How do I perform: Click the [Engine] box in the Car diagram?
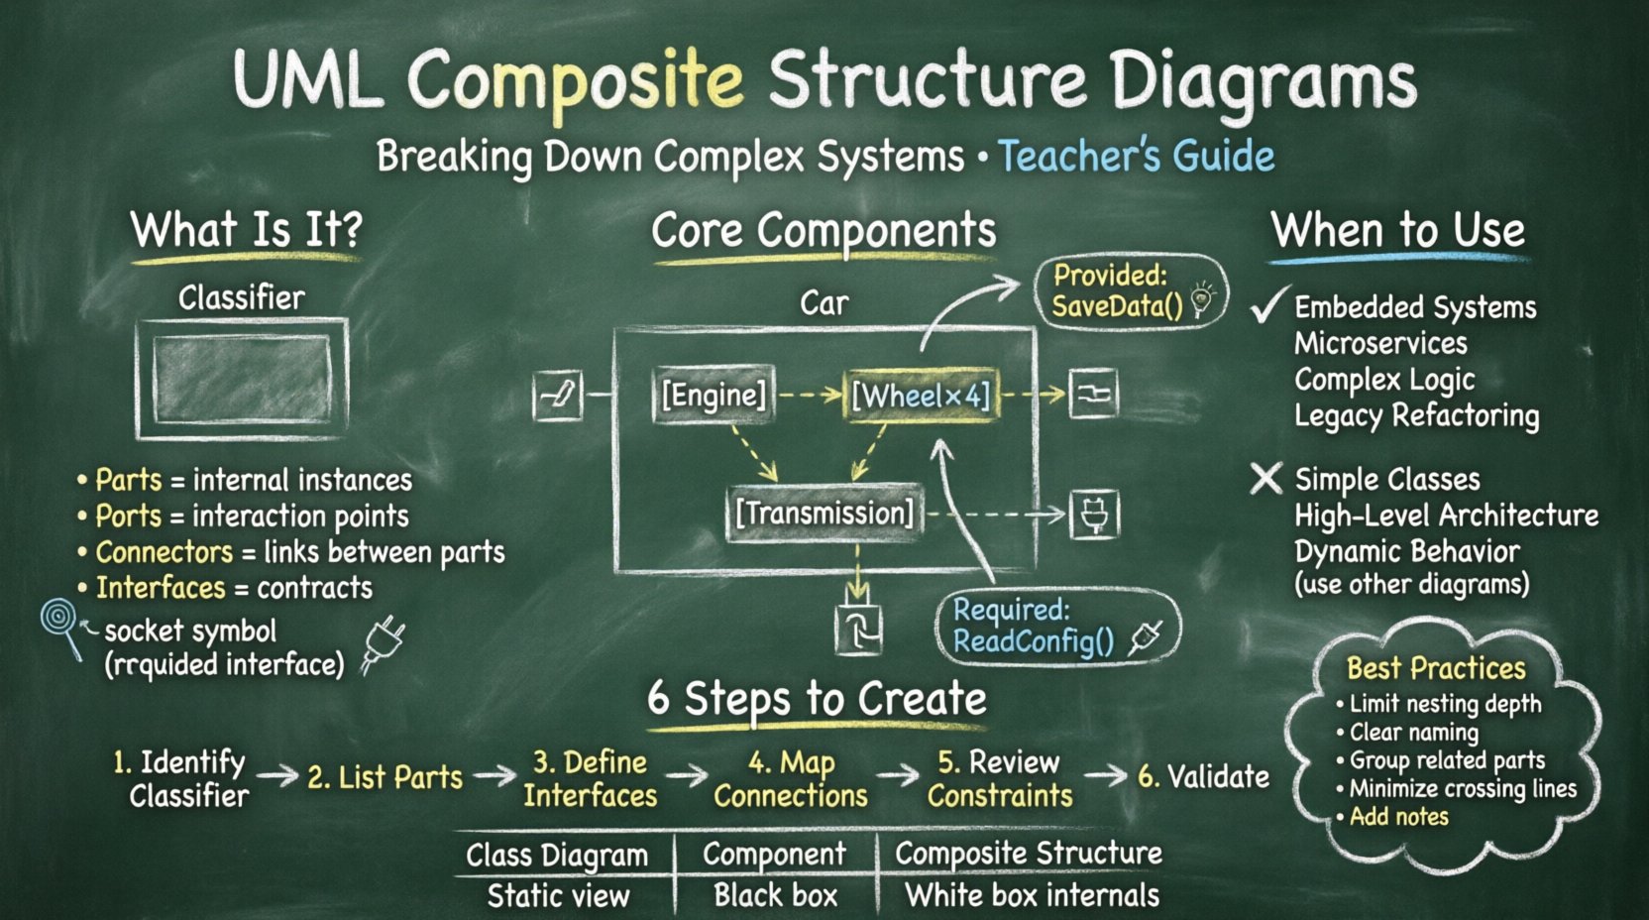pyautogui.click(x=713, y=396)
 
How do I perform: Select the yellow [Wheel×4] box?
pyautogui.click(x=921, y=396)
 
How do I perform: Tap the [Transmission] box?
pyautogui.click(x=824, y=513)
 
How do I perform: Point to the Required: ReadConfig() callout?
pyautogui.click(x=1056, y=627)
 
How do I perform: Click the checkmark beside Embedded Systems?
pyautogui.click(x=1268, y=306)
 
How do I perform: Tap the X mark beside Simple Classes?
pyautogui.click(x=1265, y=479)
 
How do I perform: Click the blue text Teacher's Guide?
pyautogui.click(x=1136, y=157)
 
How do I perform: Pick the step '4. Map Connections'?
pyautogui.click(x=790, y=779)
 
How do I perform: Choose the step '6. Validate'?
pyautogui.click(x=1203, y=776)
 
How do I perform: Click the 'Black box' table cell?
pyautogui.click(x=775, y=896)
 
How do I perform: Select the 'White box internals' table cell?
pyautogui.click(x=1032, y=896)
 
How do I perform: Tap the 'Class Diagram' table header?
pyautogui.click(x=557, y=856)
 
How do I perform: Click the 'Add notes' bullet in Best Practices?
pyautogui.click(x=1398, y=817)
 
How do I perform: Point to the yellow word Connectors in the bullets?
pyautogui.click(x=164, y=552)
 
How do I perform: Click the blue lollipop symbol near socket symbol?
pyautogui.click(x=59, y=621)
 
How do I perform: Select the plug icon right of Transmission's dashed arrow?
pyautogui.click(x=1094, y=516)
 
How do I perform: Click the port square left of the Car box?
pyautogui.click(x=558, y=396)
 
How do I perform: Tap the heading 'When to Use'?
pyautogui.click(x=1397, y=231)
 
